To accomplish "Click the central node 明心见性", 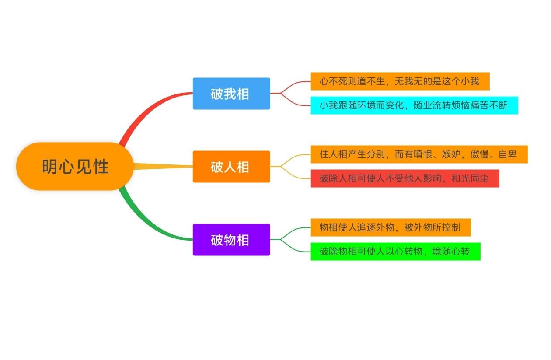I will coord(75,167).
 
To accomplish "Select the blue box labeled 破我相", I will coord(231,94).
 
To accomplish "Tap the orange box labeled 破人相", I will coord(231,167).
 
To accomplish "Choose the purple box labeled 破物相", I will coord(231,240).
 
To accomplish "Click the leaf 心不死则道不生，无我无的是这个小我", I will coord(400,81).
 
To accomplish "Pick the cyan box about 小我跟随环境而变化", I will coord(414,105).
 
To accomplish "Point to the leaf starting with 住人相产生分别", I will coord(418,154).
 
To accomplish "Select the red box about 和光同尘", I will coord(405,178).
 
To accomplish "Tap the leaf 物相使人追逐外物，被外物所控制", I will coord(390,227).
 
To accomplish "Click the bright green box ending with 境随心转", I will coord(395,252).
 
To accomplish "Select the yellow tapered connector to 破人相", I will coord(162,166).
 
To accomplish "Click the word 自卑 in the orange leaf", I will coord(508,154).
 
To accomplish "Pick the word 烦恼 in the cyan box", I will coord(460,105).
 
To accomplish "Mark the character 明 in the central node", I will coord(50,167).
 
